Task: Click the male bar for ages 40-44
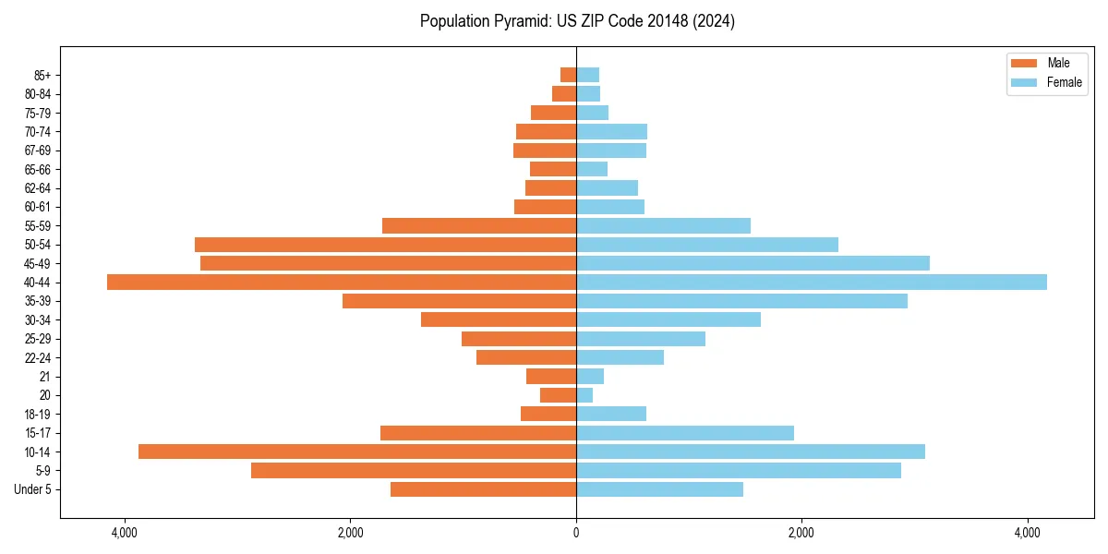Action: point(342,282)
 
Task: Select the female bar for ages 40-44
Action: point(812,282)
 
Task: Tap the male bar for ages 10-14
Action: point(357,452)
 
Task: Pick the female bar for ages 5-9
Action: point(739,470)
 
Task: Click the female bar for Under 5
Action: point(659,489)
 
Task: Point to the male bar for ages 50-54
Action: point(385,245)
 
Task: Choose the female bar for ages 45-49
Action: point(753,263)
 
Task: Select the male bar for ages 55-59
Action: point(479,225)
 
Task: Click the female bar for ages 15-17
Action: point(685,432)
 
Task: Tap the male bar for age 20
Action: point(558,395)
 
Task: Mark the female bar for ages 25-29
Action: point(641,339)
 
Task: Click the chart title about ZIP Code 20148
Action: point(577,21)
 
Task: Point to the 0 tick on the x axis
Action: point(576,533)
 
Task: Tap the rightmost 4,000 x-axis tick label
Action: point(1028,533)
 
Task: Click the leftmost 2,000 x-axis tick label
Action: point(350,533)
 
